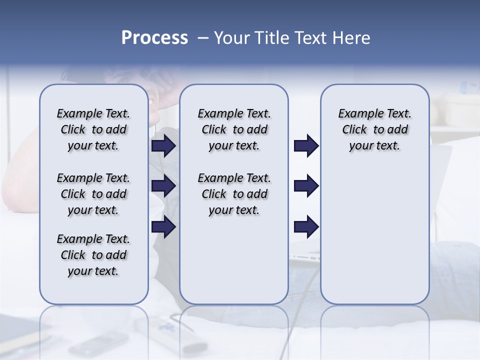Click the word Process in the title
click(x=154, y=38)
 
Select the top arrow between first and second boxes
click(x=163, y=145)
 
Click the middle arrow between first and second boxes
click(x=163, y=186)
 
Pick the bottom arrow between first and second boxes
click(x=163, y=226)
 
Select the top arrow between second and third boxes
click(x=306, y=145)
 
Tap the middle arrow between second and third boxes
click(x=306, y=186)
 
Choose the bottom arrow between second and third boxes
click(x=306, y=226)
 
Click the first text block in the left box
click(x=93, y=129)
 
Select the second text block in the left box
click(x=93, y=194)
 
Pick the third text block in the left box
click(x=93, y=255)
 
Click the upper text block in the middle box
click(x=234, y=129)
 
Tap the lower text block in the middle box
click(x=234, y=194)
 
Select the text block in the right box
click(x=375, y=129)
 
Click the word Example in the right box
click(x=357, y=114)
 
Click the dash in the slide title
click(x=203, y=38)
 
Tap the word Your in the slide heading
click(x=232, y=38)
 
